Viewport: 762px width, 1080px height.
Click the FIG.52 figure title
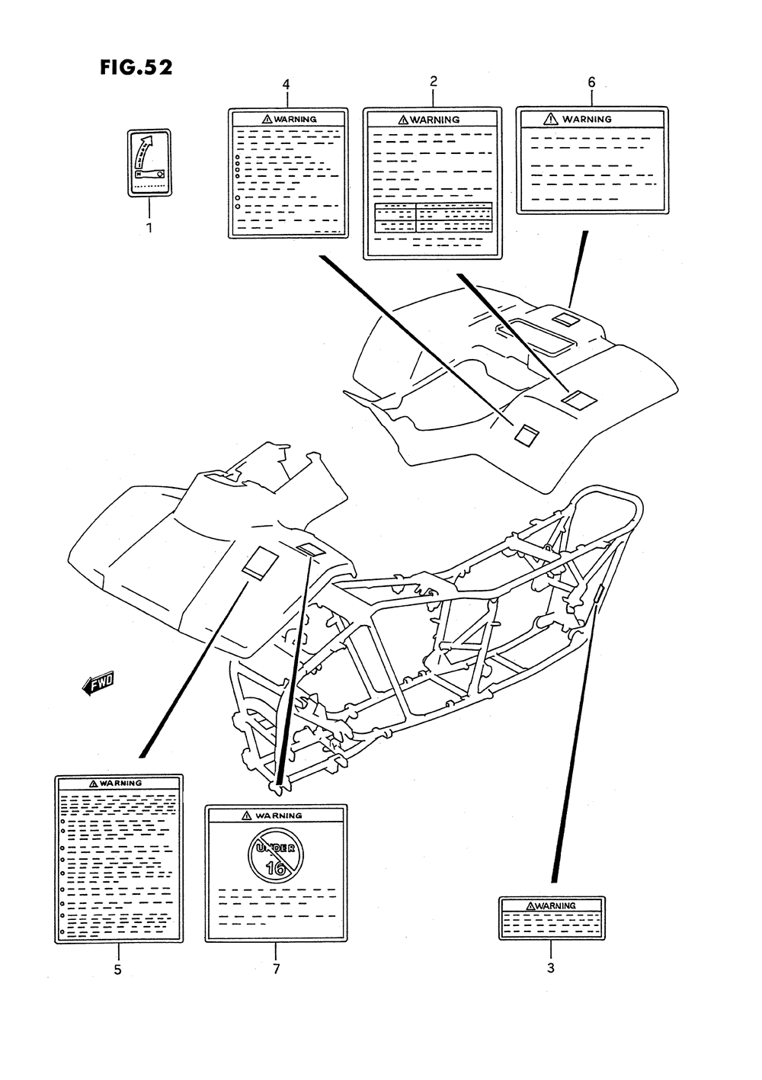(136, 68)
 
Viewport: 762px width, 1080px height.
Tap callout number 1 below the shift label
(149, 228)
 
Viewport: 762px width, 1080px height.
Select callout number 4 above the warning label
(287, 85)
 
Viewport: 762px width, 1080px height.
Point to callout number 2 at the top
(434, 82)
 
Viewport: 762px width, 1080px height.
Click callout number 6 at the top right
(592, 82)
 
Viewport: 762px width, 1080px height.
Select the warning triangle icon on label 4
(267, 119)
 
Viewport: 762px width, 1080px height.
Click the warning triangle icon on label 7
(247, 816)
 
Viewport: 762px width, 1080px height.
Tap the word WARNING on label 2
(435, 120)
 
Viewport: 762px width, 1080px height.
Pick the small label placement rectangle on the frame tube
(600, 594)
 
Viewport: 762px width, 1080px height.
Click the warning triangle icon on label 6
(550, 119)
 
